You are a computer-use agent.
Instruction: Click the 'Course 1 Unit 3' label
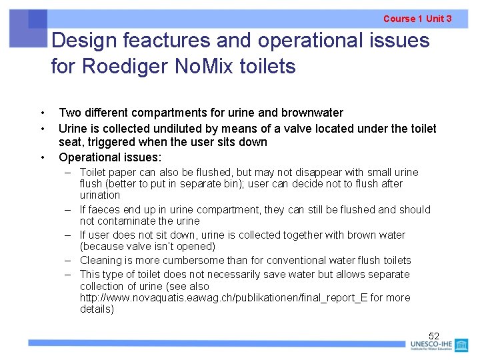(417, 19)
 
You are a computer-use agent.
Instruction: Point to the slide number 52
(434, 336)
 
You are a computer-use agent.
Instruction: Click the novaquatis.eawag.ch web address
(223, 298)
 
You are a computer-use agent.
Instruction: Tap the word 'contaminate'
(128, 221)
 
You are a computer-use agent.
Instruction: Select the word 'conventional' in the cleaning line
(294, 261)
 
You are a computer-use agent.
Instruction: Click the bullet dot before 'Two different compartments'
(42, 113)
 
